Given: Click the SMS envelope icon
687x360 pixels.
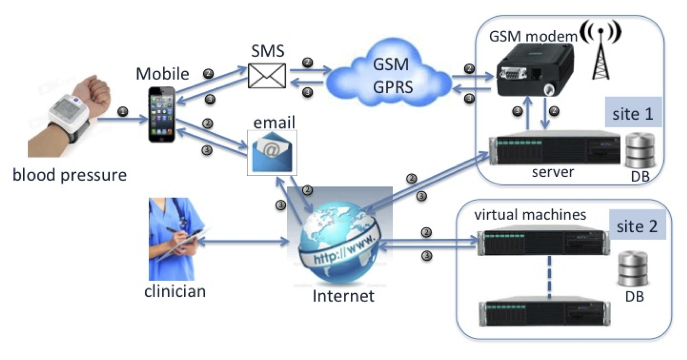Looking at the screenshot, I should pos(267,75).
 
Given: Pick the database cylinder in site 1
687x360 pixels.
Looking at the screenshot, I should pos(639,151).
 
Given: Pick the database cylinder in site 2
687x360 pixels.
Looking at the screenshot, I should pos(633,270).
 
